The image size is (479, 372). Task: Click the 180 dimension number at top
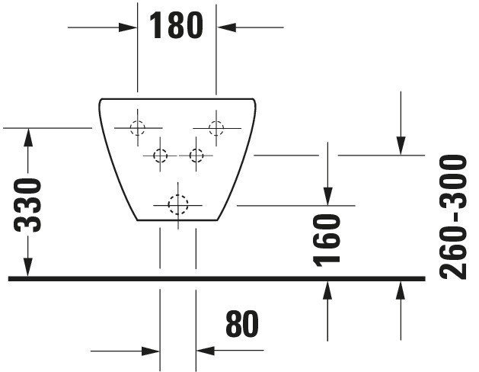[x=176, y=26]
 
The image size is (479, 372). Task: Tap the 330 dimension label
[x=27, y=205]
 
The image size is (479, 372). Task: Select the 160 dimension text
[x=327, y=240]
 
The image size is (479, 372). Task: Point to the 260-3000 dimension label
[x=453, y=217]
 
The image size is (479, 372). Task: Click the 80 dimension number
[x=242, y=323]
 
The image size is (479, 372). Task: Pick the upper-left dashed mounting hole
[x=138, y=128]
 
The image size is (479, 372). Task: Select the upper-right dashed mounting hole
[x=216, y=128]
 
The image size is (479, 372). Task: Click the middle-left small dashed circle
[x=161, y=156]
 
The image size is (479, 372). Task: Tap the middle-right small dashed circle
[x=196, y=156]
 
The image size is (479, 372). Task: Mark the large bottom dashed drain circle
[x=178, y=205]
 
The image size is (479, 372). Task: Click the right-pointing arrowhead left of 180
[x=128, y=27]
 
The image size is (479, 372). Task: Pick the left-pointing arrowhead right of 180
[x=226, y=27]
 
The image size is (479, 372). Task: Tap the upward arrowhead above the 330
[x=28, y=137]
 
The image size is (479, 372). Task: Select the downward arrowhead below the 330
[x=28, y=267]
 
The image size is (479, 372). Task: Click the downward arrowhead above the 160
[x=327, y=196]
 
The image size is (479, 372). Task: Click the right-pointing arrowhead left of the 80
[x=151, y=351]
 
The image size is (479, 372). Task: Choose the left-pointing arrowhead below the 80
[x=206, y=351]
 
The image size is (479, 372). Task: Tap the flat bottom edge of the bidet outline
[x=177, y=220]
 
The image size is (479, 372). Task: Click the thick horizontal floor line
[x=216, y=278]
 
